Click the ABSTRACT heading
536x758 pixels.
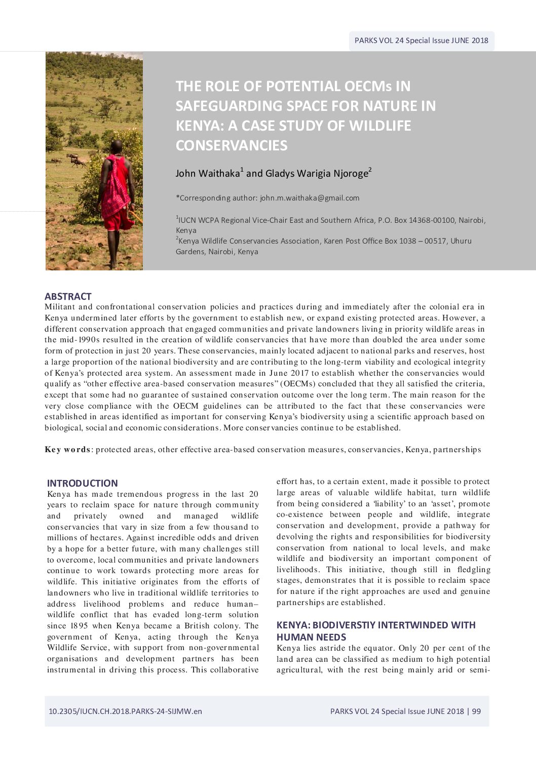[68, 296]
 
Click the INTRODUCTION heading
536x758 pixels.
[82, 483]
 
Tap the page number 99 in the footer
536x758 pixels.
[476, 711]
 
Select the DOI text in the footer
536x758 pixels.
[125, 711]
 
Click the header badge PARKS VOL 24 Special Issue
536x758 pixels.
[421, 41]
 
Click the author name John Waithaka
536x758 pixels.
[208, 173]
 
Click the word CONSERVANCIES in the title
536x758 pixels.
[232, 145]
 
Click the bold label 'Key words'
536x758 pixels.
[67, 450]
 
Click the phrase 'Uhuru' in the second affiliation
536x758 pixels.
[461, 241]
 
